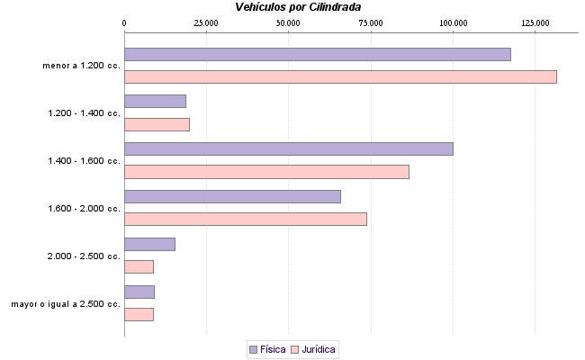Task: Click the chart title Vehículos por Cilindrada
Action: click(x=298, y=7)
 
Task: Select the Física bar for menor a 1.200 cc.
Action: click(x=317, y=54)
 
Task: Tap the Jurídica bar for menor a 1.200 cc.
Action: click(x=340, y=76)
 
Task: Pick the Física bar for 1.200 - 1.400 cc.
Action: click(x=155, y=101)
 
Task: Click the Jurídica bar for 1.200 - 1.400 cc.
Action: click(x=157, y=124)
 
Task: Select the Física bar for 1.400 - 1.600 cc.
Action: click(x=288, y=148)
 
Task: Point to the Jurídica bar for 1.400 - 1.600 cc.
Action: click(x=266, y=172)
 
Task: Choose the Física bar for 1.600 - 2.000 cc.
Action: click(x=232, y=196)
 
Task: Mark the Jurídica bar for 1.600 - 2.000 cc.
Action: click(x=245, y=219)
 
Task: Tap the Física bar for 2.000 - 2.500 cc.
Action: click(x=149, y=244)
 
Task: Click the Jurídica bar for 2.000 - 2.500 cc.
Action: click(x=139, y=266)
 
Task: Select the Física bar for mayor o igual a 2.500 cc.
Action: click(x=139, y=292)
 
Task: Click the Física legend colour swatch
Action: click(x=253, y=348)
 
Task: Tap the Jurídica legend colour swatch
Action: click(x=294, y=348)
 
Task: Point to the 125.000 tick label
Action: click(x=535, y=22)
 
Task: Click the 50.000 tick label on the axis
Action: click(x=288, y=22)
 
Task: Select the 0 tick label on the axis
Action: click(x=124, y=22)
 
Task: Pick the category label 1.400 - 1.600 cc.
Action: click(x=84, y=161)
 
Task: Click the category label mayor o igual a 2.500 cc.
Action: click(x=66, y=304)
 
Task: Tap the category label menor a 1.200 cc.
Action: click(x=81, y=66)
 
